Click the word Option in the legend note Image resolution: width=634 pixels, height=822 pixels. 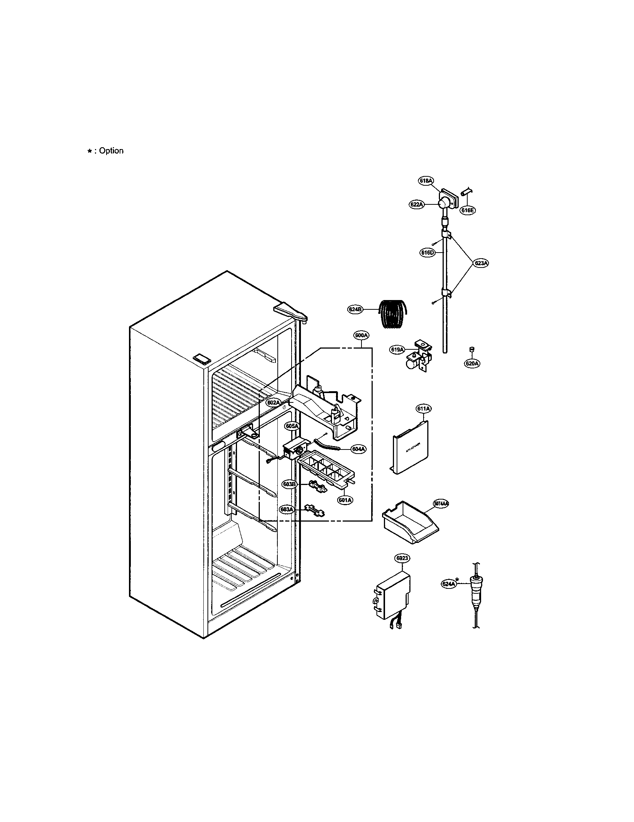pyautogui.click(x=111, y=151)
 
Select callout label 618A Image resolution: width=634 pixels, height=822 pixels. pyautogui.click(x=426, y=181)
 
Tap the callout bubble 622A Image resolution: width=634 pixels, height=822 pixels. pyautogui.click(x=416, y=204)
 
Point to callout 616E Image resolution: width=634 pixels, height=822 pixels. pyautogui.click(x=468, y=210)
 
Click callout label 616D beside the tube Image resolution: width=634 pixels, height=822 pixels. pyautogui.click(x=427, y=253)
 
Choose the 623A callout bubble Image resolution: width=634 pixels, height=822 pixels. pyautogui.click(x=481, y=263)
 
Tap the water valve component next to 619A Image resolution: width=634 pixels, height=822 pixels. pyautogui.click(x=419, y=356)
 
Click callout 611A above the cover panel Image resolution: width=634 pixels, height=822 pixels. pyautogui.click(x=423, y=408)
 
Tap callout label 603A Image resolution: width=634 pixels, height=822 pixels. pyautogui.click(x=286, y=509)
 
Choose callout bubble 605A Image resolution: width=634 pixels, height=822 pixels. pyautogui.click(x=292, y=426)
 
